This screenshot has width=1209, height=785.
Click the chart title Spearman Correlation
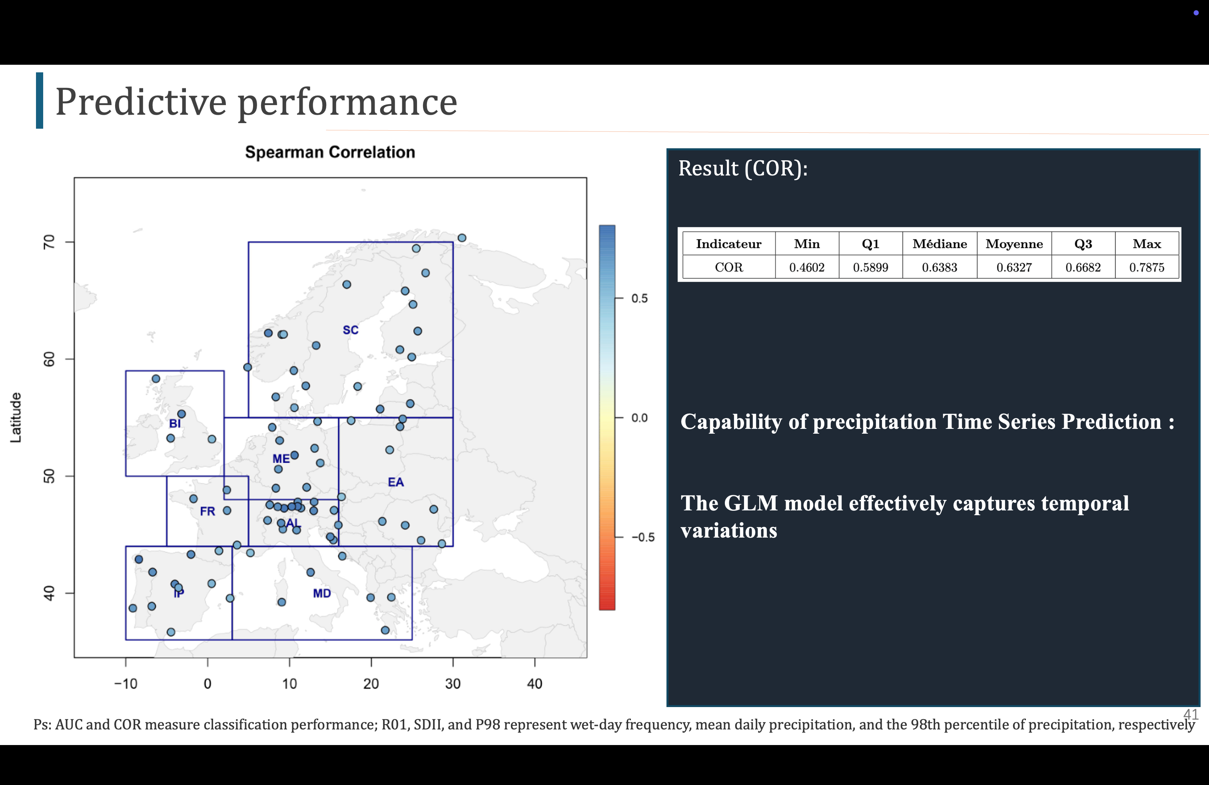[330, 152]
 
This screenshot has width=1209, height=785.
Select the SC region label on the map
[351, 330]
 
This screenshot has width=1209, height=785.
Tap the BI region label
[175, 423]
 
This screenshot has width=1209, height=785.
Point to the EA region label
[396, 482]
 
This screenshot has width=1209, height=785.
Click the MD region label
[321, 593]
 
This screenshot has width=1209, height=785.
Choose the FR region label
[207, 511]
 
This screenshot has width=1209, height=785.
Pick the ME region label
[281, 458]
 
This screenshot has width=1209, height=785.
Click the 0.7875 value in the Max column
[1147, 267]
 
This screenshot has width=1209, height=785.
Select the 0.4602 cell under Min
[807, 267]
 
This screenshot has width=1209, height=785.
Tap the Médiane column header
[939, 244]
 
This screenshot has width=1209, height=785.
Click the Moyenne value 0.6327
[1014, 267]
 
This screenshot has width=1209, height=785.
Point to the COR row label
[728, 267]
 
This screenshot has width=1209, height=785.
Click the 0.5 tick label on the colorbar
[640, 299]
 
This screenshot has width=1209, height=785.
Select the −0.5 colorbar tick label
[642, 537]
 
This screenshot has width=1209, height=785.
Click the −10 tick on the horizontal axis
[126, 683]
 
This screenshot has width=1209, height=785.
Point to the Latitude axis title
[16, 417]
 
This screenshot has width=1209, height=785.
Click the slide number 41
[1190, 714]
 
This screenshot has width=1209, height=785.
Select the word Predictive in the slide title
[141, 102]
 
